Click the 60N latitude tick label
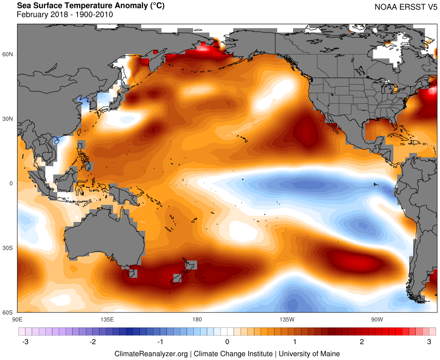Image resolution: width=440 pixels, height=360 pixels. tap(8, 54)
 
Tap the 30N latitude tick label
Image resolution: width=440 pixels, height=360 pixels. tap(8, 119)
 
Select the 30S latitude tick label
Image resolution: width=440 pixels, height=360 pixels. tap(8, 248)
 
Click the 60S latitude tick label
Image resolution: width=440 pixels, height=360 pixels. tap(8, 313)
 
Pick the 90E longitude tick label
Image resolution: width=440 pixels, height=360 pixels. tap(18, 319)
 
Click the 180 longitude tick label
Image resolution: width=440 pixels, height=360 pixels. tap(197, 319)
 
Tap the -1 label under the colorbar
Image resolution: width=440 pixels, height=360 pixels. tap(159, 342)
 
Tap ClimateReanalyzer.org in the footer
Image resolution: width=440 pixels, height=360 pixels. tap(151, 353)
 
